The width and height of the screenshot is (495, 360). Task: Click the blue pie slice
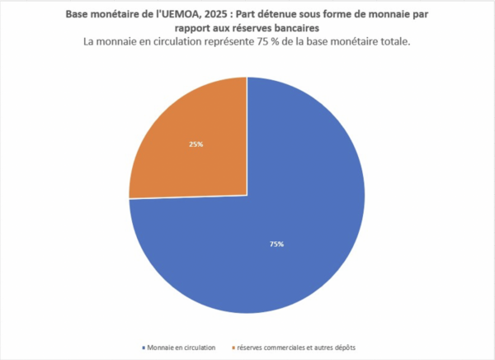coord(272,248)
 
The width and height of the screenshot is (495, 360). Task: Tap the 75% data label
coord(277,244)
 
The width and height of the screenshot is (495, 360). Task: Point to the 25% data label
coord(196,144)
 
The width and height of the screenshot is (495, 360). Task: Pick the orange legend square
coord(232,347)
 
